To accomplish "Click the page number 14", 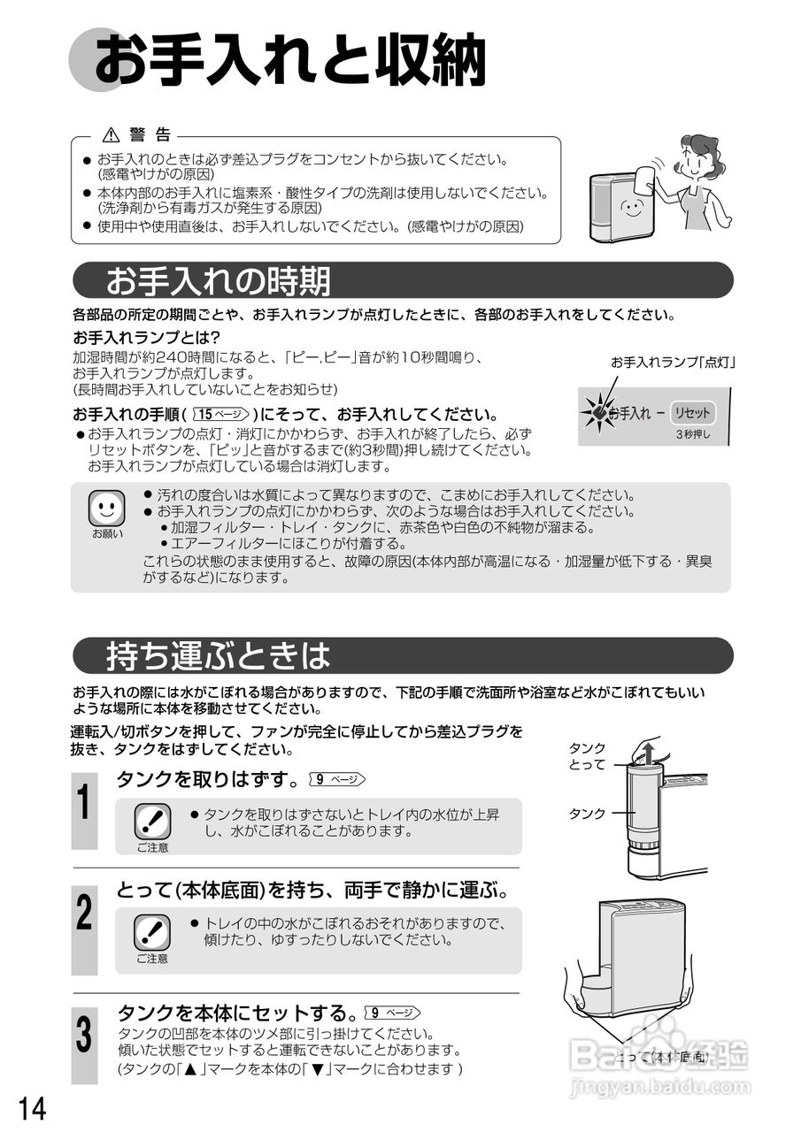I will point(31,1106).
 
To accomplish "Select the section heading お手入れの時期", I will point(218,280).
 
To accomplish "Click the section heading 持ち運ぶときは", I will point(218,655).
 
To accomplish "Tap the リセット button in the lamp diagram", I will point(691,413).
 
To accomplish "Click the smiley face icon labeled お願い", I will point(107,508).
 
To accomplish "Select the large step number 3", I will point(83,1036).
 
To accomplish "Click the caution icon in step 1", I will point(152,822).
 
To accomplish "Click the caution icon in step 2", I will point(152,932).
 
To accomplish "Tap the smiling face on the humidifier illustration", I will point(631,209).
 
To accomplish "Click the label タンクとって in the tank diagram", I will point(587,756).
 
